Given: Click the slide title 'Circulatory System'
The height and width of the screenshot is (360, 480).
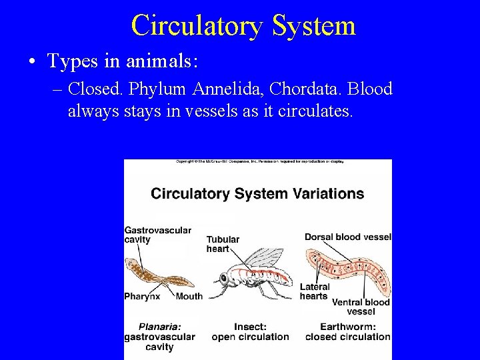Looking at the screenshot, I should [x=243, y=26].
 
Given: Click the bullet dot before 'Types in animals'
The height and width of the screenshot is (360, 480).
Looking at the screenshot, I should [x=32, y=63].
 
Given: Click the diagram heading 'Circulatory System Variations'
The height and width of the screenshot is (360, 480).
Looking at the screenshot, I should [x=257, y=194].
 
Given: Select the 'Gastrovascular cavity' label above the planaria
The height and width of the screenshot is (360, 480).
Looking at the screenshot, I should [x=157, y=235].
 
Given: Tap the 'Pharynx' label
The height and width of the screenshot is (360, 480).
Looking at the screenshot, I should [x=142, y=296].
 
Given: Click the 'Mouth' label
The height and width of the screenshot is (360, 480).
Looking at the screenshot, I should [x=189, y=296].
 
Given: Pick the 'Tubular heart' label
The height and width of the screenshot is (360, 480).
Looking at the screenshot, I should [x=223, y=244].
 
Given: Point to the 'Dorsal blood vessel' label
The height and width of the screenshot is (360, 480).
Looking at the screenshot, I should [x=347, y=237].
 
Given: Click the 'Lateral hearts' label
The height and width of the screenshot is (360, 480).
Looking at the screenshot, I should [x=315, y=292].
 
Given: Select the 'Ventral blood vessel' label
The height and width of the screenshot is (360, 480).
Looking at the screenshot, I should [x=361, y=307].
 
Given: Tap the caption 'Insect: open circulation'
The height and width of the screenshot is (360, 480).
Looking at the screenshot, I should [x=250, y=332].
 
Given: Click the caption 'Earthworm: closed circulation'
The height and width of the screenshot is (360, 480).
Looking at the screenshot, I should [x=347, y=332].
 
